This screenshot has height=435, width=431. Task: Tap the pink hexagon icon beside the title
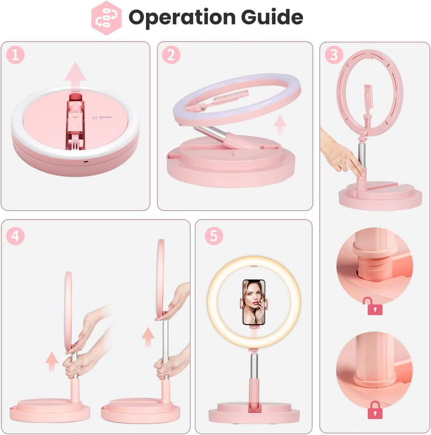coord(106,18)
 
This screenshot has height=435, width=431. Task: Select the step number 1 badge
coord(15,55)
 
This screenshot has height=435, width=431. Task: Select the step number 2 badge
coord(171,55)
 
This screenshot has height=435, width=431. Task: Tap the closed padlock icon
coord(374,410)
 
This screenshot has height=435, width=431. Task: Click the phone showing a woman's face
coord(254,302)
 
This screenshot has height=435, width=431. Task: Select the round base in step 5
coord(254,413)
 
